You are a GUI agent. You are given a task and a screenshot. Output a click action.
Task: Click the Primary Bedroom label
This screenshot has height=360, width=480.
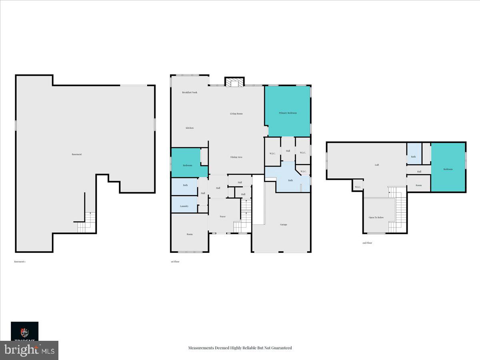tap(288, 113)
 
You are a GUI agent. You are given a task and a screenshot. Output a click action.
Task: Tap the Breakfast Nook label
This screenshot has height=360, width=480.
tap(190, 92)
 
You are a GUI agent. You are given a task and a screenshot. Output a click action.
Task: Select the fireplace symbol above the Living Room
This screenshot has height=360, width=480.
tap(234, 82)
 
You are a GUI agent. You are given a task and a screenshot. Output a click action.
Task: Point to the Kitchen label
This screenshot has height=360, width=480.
tap(190, 128)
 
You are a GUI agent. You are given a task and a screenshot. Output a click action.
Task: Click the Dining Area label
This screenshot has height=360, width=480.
tap(236, 157)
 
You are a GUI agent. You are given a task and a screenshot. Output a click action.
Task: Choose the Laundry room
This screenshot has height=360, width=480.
tap(184, 204)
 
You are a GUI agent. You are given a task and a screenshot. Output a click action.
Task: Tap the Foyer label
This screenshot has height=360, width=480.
tap(223, 216)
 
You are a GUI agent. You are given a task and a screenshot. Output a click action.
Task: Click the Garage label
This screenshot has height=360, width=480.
tap(283, 225)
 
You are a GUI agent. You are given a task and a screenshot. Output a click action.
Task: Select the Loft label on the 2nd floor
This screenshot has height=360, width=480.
tap(377, 165)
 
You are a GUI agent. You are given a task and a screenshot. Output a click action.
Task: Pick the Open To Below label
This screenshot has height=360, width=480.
tap(376, 218)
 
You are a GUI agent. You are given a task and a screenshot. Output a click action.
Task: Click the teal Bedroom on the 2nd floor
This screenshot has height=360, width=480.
tap(448, 169)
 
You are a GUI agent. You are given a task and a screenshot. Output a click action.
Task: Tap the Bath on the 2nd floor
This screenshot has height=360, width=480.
tap(414, 156)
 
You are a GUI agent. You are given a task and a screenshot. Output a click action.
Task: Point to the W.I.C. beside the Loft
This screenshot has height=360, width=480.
tap(358, 187)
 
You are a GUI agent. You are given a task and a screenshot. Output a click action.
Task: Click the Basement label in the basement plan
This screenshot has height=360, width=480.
tap(77, 154)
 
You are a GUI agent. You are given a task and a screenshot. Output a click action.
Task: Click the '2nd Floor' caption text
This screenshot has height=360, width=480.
tap(367, 243)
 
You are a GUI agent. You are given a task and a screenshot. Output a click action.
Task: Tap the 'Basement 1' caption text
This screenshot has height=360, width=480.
tap(20, 262)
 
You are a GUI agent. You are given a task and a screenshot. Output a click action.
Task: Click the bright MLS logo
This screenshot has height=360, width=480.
tap(29, 350)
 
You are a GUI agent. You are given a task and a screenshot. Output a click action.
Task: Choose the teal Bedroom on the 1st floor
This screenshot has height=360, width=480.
tap(188, 165)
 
